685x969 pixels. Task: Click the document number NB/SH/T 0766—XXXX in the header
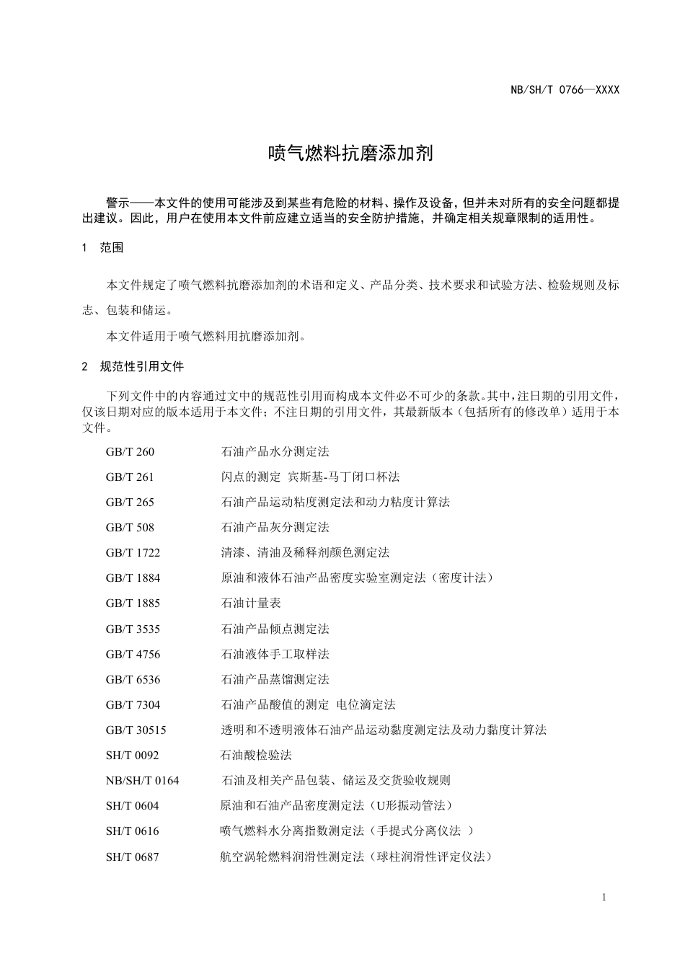coord(565,90)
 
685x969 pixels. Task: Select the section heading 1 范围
coord(102,248)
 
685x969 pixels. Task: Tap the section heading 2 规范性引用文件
coord(133,366)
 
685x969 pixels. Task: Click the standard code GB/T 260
coord(130,452)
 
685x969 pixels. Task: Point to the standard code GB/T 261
coord(130,477)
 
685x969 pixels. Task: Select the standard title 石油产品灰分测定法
coord(275,528)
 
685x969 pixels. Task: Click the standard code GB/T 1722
coord(133,553)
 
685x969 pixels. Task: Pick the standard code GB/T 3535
coord(133,629)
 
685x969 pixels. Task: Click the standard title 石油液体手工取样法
coord(275,655)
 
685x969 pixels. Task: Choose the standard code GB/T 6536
coord(133,680)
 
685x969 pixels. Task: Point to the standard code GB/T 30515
coord(136,730)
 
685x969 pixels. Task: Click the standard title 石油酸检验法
coord(256,756)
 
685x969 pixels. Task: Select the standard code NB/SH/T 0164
coord(142,781)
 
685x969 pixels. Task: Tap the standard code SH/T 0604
coord(132,806)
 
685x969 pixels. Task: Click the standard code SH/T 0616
coord(132,831)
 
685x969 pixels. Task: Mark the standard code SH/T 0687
coord(132,857)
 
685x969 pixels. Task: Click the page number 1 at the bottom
coord(603,898)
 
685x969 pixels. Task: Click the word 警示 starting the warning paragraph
coord(118,203)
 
